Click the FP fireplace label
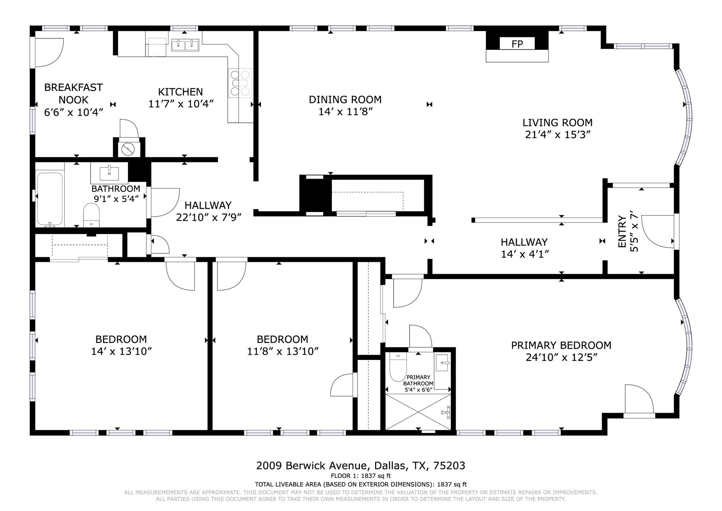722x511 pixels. click(x=517, y=44)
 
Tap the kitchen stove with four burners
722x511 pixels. click(x=240, y=83)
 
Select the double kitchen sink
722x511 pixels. click(x=185, y=45)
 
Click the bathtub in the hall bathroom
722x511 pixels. click(x=50, y=199)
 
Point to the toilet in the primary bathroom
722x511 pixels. click(x=398, y=367)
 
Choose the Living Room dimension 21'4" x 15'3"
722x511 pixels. click(x=557, y=135)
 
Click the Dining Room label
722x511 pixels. click(x=345, y=100)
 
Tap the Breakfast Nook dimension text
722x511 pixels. click(x=73, y=112)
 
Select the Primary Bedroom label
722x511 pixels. click(x=561, y=345)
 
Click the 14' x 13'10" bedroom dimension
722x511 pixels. click(x=121, y=351)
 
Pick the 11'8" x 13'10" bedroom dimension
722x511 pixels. click(x=283, y=351)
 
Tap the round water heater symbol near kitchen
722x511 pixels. click(x=128, y=149)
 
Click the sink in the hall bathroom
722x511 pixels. click(x=109, y=173)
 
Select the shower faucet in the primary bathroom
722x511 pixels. click(x=447, y=412)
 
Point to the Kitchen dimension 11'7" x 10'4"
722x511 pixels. click(x=181, y=104)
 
